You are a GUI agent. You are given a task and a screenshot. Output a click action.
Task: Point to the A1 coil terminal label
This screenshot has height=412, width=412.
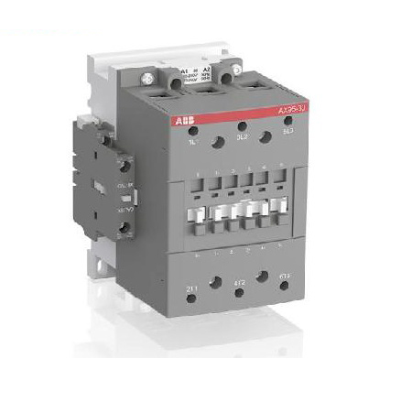coord(186,69)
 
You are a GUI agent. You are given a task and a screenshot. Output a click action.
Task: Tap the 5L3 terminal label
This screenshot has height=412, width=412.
coord(289,134)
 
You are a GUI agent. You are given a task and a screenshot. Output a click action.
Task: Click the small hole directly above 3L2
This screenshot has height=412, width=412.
coord(242,125)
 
